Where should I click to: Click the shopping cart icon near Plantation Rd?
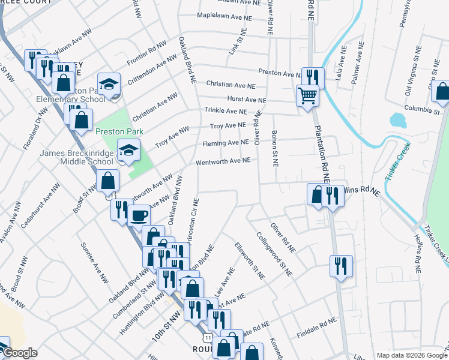pyautogui.click(x=307, y=95)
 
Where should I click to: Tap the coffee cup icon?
pyautogui.click(x=139, y=214)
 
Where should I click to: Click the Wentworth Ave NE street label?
pyautogui.click(x=223, y=161)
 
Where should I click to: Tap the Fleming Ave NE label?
pyautogui.click(x=225, y=143)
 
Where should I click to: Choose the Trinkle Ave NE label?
pyautogui.click(x=225, y=111)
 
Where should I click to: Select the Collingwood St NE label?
pyautogui.click(x=274, y=254)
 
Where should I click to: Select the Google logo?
pyautogui.click(x=20, y=353)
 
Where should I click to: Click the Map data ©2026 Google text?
pyautogui.click(x=411, y=355)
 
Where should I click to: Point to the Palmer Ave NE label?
pyautogui.click(x=357, y=62)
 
